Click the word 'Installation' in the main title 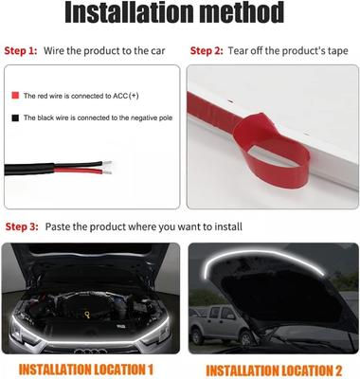pos(129,12)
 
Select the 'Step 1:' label pos(21,51)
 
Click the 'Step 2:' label pos(207,51)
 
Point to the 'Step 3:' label pos(22,226)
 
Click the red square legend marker pos(15,96)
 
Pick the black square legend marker pos(15,117)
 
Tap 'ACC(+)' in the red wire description pos(126,96)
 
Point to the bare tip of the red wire pos(107,172)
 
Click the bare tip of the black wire pos(107,164)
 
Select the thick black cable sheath pos(29,169)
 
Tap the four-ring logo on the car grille pos(91,351)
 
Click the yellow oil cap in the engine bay pos(87,315)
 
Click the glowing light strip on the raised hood pos(263,257)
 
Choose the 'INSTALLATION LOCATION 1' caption pos(86,370)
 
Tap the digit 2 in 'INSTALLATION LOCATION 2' pos(336,370)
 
